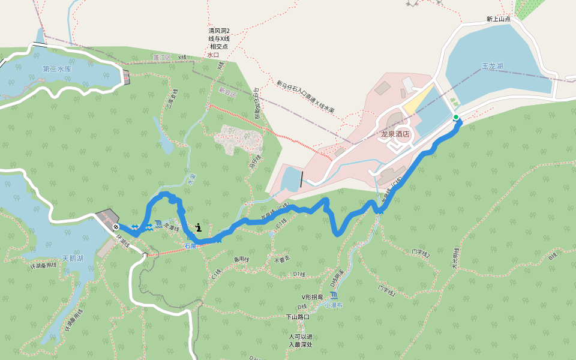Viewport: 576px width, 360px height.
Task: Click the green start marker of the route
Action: tap(456, 117)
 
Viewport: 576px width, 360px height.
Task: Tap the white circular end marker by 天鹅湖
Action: tap(115, 226)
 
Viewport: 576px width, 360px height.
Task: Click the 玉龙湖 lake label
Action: tap(492, 66)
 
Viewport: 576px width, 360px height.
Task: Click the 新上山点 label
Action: tap(498, 19)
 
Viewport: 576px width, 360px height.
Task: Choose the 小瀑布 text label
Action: tap(333, 305)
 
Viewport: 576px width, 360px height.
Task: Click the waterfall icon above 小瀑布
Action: tap(334, 296)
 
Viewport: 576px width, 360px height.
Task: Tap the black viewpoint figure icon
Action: tap(198, 227)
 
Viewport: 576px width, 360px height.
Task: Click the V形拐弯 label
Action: tap(312, 297)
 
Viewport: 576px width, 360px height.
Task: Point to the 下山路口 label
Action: tap(297, 317)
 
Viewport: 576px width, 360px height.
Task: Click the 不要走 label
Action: tap(281, 260)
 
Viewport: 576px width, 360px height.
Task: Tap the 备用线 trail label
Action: tap(241, 259)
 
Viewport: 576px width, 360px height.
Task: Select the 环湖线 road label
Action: tap(122, 241)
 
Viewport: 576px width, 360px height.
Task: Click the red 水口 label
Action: tap(213, 55)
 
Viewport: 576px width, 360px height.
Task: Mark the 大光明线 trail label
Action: tap(455, 258)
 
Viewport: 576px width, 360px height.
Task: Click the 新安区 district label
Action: tap(228, 94)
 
